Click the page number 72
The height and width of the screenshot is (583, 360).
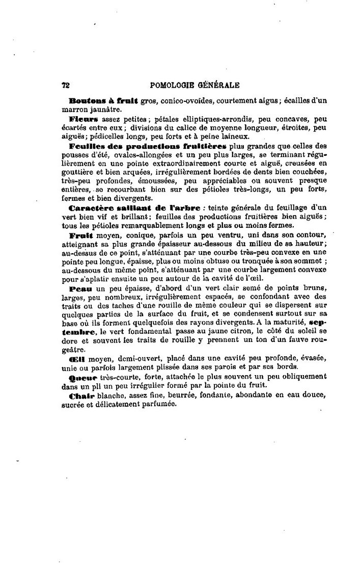65,86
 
